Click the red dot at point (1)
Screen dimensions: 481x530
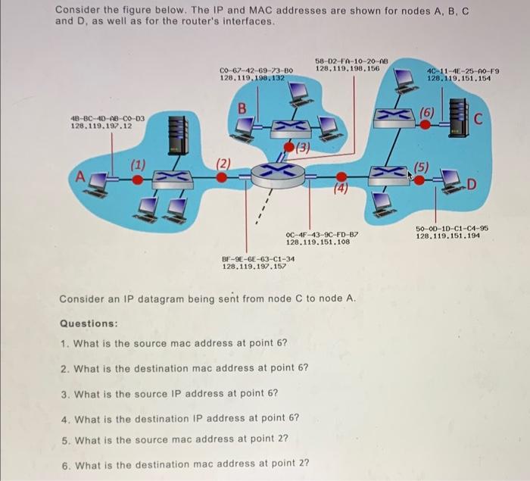[137, 180]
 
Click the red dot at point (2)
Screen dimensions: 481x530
[221, 176]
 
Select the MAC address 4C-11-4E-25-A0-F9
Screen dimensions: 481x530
[463, 70]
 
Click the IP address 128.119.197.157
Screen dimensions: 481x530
[258, 266]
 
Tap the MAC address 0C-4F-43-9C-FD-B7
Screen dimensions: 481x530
[322, 234]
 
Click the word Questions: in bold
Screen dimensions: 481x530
[89, 323]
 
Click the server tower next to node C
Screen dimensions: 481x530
[460, 115]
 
